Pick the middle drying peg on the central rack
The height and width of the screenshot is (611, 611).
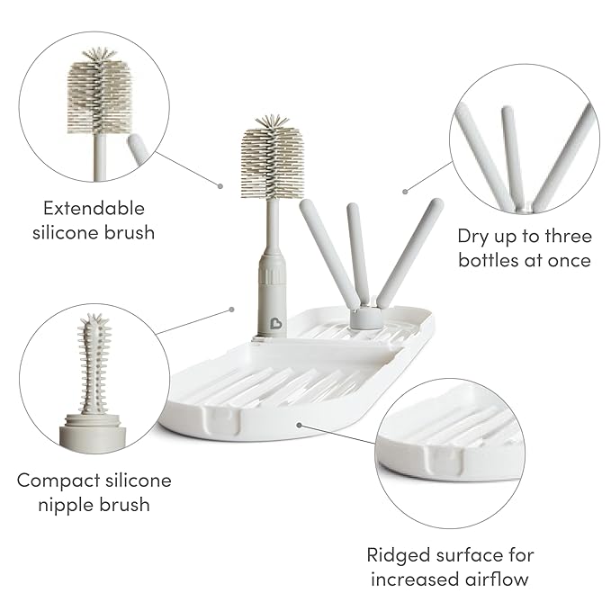(x=356, y=252)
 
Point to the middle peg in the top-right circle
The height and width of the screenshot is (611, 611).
(x=510, y=153)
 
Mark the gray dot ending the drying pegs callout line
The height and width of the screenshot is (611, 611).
(x=406, y=191)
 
